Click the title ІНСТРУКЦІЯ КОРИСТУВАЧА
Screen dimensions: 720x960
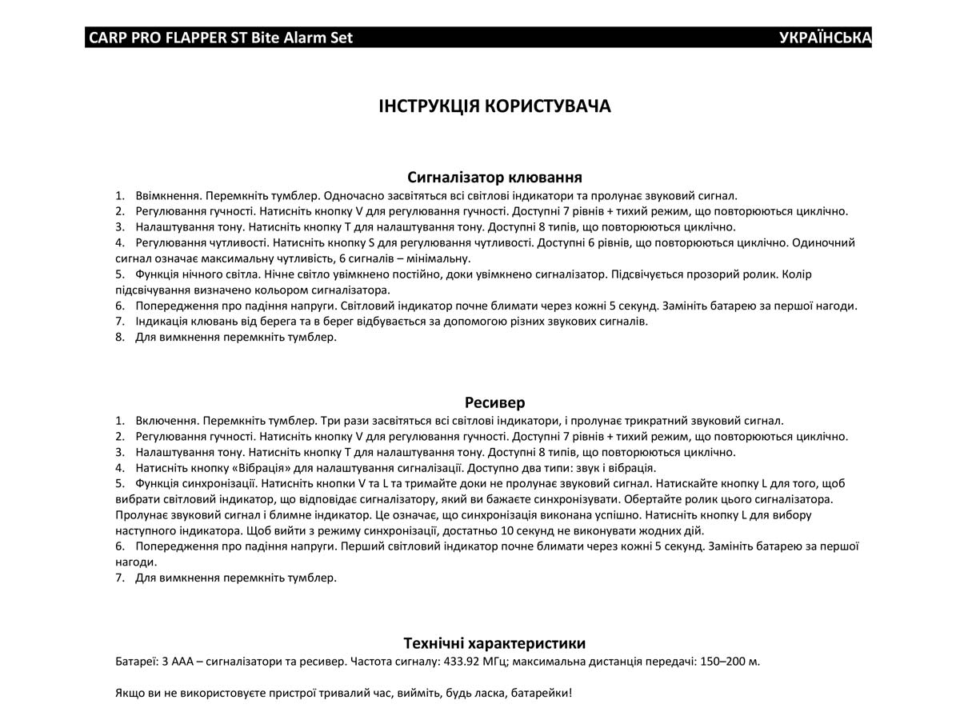point(494,107)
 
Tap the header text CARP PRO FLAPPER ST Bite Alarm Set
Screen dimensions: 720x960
point(221,38)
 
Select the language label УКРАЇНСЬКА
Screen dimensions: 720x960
point(825,38)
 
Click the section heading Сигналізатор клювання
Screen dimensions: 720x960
point(494,177)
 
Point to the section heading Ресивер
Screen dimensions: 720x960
point(494,402)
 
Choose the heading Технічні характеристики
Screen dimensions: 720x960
point(494,643)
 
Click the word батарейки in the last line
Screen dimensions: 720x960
point(542,693)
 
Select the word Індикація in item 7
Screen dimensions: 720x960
point(162,322)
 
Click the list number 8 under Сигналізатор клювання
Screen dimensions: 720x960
point(119,337)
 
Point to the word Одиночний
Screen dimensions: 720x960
point(824,242)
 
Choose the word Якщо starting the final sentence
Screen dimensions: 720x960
point(130,693)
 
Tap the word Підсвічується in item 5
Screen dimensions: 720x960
point(649,274)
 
